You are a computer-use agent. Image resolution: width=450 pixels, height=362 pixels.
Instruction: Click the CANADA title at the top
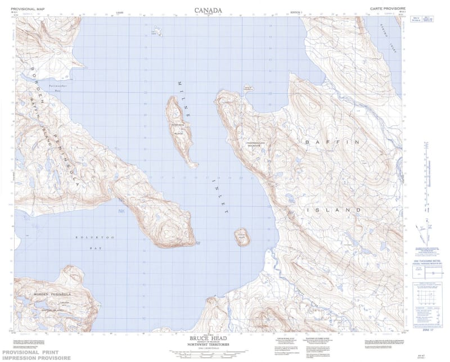pyautogui.click(x=208, y=10)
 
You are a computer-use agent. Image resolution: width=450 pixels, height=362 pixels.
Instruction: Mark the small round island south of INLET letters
pyautogui.click(x=242, y=237)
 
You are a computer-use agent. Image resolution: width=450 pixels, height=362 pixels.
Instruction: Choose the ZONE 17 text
pyautogui.click(x=429, y=332)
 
